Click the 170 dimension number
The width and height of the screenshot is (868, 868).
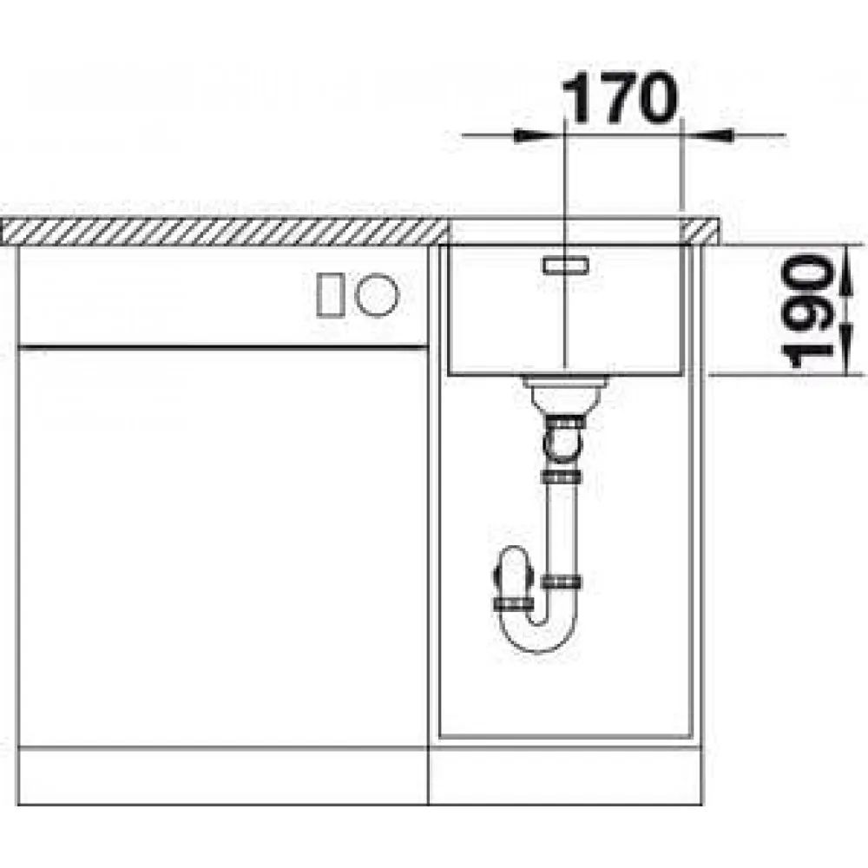(620, 99)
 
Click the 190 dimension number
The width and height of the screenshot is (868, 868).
(809, 311)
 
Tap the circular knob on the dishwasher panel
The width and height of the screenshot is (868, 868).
(377, 295)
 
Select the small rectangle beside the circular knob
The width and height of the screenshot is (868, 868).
(330, 296)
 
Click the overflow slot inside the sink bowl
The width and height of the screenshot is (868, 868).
(566, 266)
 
